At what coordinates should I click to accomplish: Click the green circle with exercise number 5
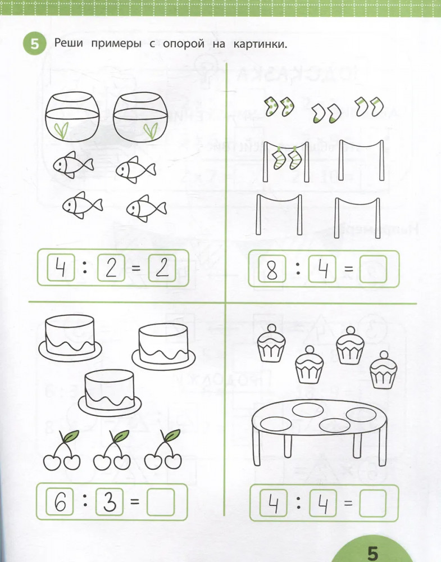pyautogui.click(x=35, y=44)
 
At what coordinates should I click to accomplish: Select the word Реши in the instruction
pyautogui.click(x=69, y=44)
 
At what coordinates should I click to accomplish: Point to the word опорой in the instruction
pyautogui.click(x=183, y=44)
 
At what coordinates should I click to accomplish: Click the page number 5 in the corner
pyautogui.click(x=373, y=553)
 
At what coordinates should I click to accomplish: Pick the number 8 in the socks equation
pyautogui.click(x=272, y=269)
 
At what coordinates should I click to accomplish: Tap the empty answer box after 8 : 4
pyautogui.click(x=373, y=269)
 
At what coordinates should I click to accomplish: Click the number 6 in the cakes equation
pyautogui.click(x=60, y=502)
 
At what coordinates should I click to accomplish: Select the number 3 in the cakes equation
pyautogui.click(x=110, y=501)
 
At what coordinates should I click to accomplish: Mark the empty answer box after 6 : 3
pyautogui.click(x=161, y=501)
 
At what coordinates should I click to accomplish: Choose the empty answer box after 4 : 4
pyautogui.click(x=373, y=503)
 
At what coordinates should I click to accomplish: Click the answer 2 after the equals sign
pyautogui.click(x=162, y=268)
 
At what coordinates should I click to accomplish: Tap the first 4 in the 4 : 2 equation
pyautogui.click(x=61, y=268)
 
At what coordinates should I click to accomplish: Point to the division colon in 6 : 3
pyautogui.click(x=85, y=501)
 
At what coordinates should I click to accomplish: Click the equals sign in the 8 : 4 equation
pyautogui.click(x=348, y=269)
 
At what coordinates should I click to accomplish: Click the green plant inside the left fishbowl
pyautogui.click(x=62, y=130)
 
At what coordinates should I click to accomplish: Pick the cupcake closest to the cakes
pyautogui.click(x=270, y=343)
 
